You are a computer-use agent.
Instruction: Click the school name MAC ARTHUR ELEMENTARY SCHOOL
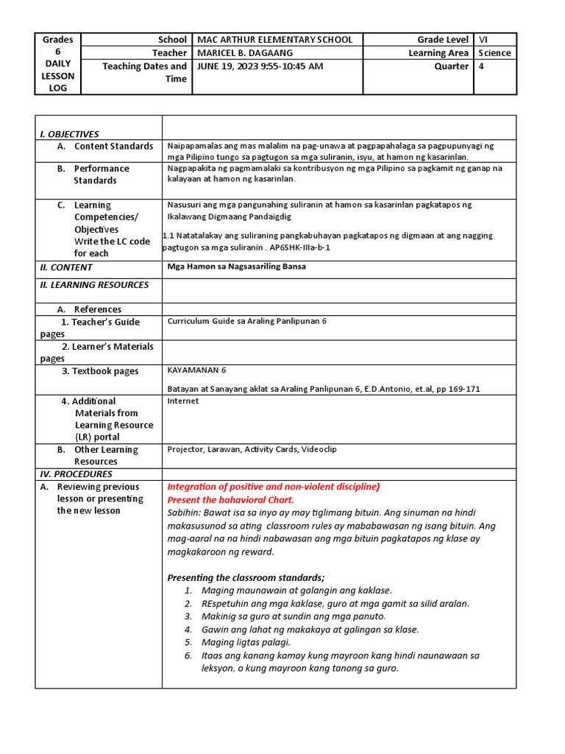pos(274,40)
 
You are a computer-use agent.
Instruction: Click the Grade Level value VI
pos(483,40)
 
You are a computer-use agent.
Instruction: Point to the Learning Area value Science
pos(494,53)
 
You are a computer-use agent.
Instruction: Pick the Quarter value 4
pos(482,66)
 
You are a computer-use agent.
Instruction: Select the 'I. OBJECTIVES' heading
pos(69,134)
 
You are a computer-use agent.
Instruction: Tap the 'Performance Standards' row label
pos(101,175)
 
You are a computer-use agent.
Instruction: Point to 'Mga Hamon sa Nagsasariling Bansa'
pos(236,267)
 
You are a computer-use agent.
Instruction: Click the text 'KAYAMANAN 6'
pos(196,370)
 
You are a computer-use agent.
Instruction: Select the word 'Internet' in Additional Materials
pos(182,401)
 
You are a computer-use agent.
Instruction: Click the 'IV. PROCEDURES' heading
pos(76,474)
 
